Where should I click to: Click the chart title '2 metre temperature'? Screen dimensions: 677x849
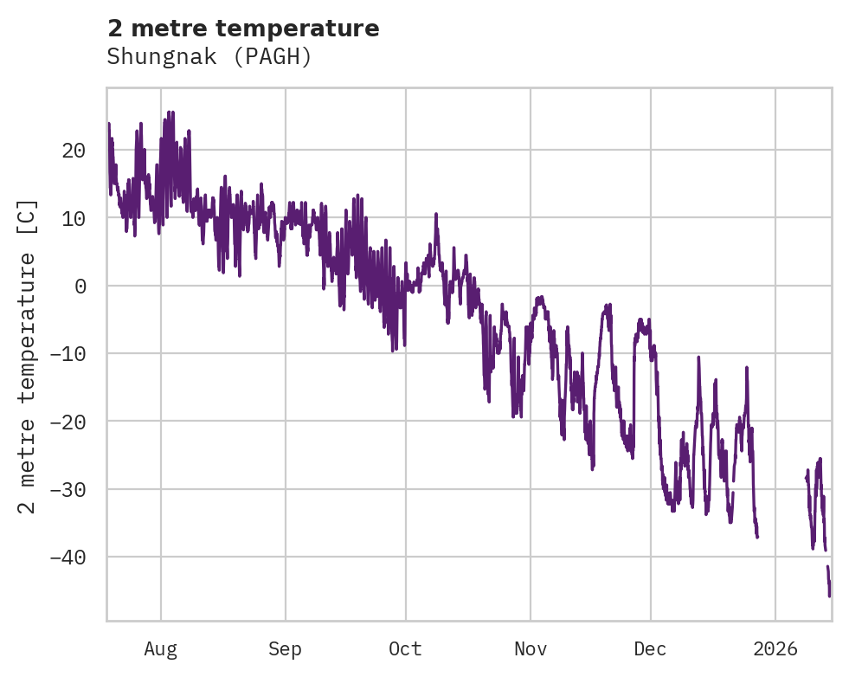243,29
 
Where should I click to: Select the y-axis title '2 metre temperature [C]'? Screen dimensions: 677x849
28,356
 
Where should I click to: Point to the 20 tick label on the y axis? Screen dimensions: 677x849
74,151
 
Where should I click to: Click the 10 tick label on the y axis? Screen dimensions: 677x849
74,218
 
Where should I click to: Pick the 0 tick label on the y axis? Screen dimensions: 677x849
80,286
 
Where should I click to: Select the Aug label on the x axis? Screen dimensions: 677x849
160,648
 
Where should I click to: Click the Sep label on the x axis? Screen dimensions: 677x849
285,648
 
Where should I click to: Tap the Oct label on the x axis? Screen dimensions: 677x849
405,648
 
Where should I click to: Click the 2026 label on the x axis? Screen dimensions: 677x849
775,648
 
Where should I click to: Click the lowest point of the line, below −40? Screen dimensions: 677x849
829,596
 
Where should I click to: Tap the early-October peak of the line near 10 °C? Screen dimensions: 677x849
436,214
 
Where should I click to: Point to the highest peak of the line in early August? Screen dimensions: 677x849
170,112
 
